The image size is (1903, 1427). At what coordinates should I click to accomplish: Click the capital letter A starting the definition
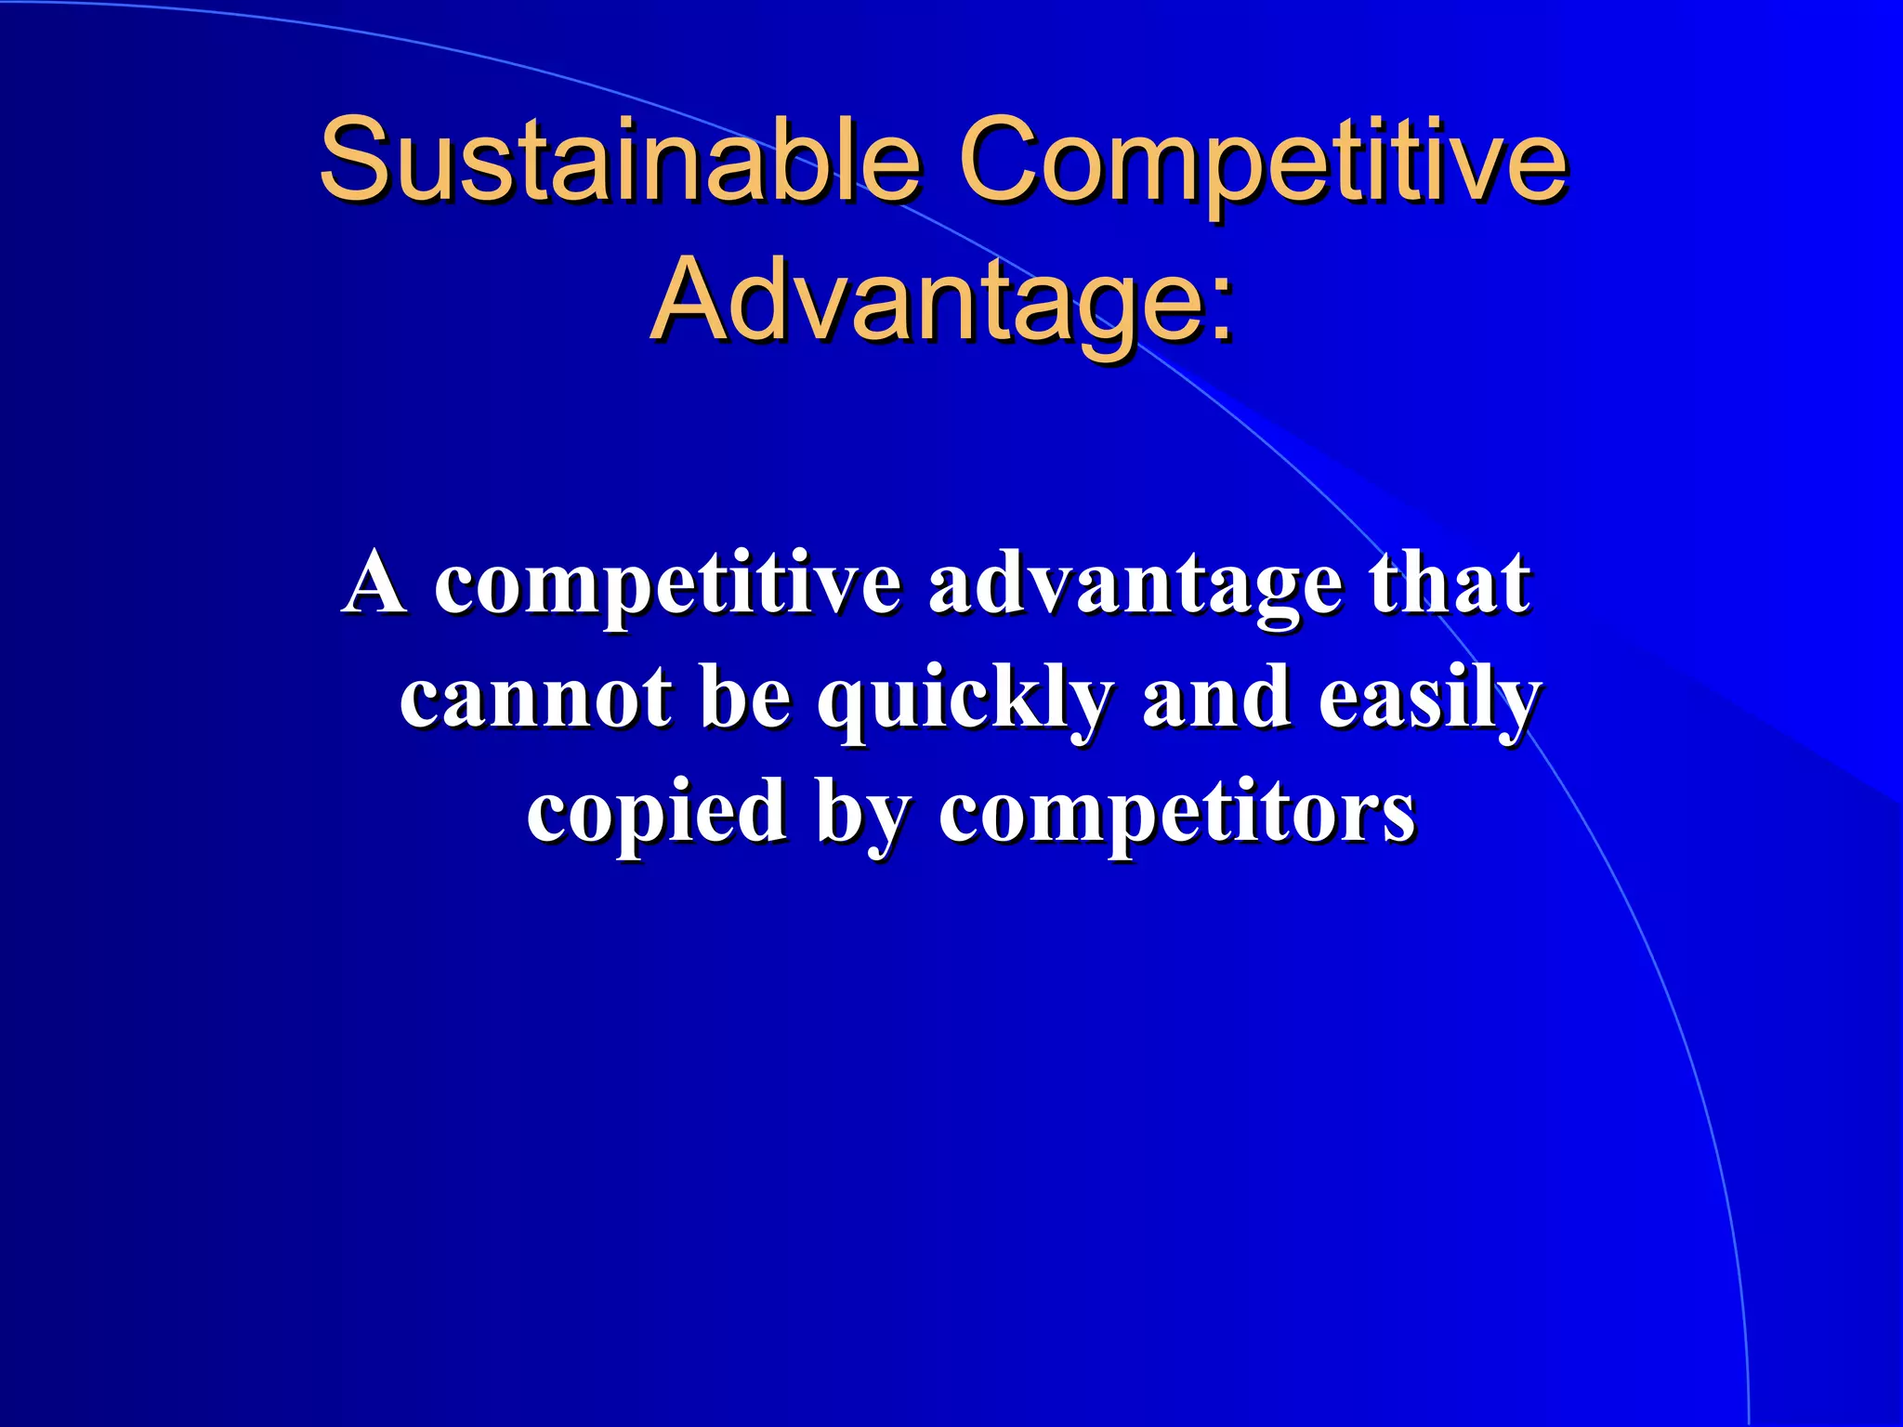coord(374,583)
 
